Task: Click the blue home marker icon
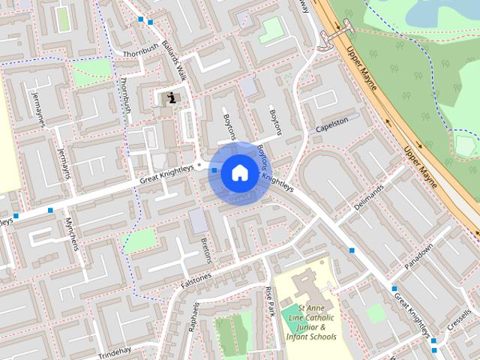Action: [238, 173]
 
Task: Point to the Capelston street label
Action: [331, 124]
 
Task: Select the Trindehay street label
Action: [114, 353]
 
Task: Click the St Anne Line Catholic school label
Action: [310, 322]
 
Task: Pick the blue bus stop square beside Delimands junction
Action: [351, 250]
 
